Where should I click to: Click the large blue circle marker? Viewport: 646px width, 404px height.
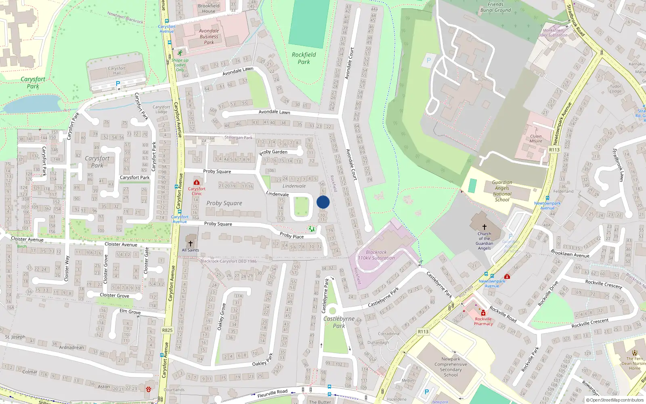point(323,202)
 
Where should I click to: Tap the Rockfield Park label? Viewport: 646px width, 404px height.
point(304,58)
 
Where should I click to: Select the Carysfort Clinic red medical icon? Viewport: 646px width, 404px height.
point(197,183)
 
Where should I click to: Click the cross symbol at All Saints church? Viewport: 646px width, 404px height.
point(191,244)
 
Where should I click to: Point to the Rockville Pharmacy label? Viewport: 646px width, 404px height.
point(483,322)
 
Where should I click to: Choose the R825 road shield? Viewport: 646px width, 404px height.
point(167,330)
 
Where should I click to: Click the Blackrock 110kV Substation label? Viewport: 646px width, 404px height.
point(376,255)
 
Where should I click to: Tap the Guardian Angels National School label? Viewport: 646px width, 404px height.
point(502,191)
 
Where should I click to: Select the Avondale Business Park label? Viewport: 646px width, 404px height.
point(209,36)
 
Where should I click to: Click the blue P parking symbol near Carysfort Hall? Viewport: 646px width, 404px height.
point(118,84)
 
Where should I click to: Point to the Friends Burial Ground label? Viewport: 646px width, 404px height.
point(495,7)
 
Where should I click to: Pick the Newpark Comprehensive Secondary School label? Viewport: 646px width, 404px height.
point(451,367)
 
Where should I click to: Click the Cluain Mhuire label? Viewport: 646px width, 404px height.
point(536,139)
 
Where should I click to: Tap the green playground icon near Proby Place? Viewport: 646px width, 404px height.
point(311,229)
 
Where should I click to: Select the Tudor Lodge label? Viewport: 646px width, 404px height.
point(615,88)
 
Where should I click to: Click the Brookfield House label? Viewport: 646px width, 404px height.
point(209,8)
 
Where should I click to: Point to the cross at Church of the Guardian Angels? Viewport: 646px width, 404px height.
point(484,227)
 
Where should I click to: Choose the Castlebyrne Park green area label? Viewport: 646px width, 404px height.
point(339,322)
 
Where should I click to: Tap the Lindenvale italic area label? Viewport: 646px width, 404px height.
point(294,186)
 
